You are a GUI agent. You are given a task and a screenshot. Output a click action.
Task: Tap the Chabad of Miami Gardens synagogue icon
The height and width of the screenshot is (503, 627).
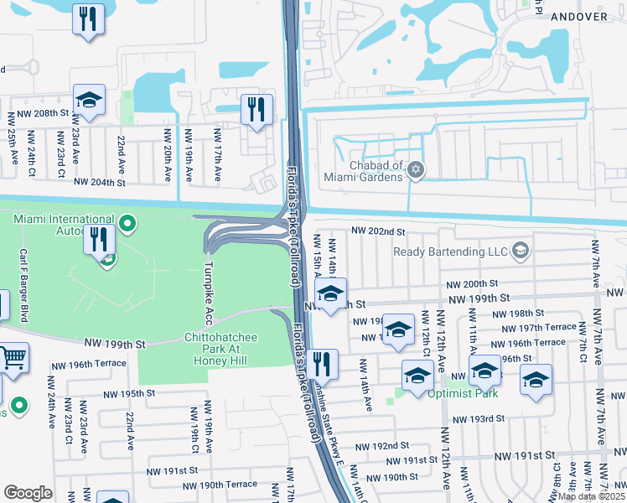[x=414, y=171]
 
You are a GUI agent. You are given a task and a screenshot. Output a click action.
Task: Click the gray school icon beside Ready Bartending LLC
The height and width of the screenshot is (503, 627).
[x=521, y=250]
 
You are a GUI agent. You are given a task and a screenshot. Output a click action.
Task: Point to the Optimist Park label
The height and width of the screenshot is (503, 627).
[x=464, y=393]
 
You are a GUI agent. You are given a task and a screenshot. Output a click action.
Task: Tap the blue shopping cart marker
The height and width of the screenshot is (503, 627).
[x=13, y=359]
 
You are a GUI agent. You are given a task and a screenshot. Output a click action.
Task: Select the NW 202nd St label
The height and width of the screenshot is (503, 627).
[x=378, y=231]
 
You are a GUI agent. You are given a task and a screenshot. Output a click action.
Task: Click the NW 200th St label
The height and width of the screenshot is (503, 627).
[x=472, y=285]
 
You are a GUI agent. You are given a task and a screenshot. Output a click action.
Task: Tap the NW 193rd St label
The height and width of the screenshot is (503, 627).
[x=479, y=418]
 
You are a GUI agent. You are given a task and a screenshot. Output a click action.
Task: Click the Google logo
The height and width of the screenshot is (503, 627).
[x=28, y=492]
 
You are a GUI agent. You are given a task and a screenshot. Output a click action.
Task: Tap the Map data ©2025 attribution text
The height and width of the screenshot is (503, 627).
[x=591, y=496]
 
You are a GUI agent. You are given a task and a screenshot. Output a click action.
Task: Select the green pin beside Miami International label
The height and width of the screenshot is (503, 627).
[x=127, y=223]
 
